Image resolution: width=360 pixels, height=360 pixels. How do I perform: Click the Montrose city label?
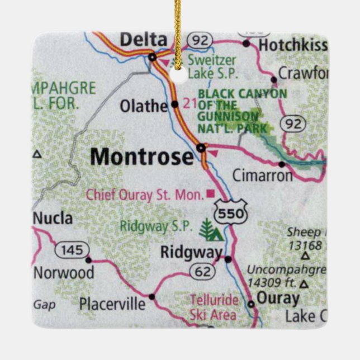tap(141, 157)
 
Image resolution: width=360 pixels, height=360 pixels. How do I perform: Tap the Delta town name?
tap(143, 40)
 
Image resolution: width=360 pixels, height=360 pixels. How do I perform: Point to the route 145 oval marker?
tap(72, 250)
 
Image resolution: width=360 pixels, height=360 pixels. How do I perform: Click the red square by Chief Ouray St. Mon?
tap(210, 195)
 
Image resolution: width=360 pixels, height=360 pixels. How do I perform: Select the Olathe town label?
tap(144, 106)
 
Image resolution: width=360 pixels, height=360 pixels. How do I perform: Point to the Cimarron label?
tap(262, 176)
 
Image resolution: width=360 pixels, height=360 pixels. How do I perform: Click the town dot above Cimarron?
tap(282, 164)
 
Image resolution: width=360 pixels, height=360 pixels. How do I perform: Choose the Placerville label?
tap(112, 304)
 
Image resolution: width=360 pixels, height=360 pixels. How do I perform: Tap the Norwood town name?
tap(64, 273)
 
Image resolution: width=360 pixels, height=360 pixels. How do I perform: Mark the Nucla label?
tap(53, 219)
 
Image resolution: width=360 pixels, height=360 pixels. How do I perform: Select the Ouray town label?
tap(277, 299)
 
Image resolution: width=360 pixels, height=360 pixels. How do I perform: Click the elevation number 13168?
tap(305, 245)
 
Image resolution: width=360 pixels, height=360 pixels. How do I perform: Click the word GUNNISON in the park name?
tap(228, 116)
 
